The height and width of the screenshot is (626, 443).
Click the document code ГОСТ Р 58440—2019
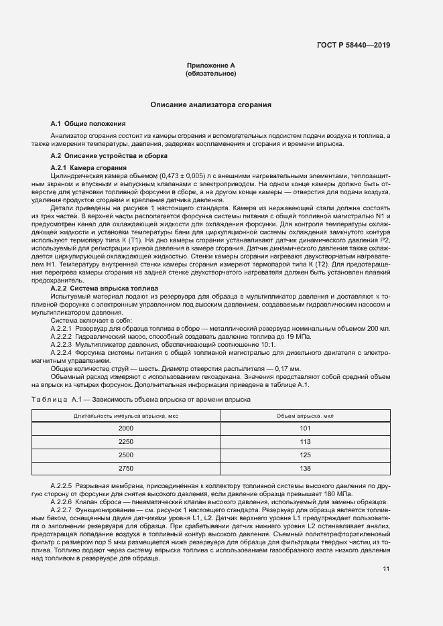click(x=354, y=46)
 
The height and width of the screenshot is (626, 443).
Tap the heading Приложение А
click(x=210, y=65)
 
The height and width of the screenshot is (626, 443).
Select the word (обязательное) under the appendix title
click(x=210, y=73)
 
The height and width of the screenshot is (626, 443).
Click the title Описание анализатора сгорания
click(x=210, y=105)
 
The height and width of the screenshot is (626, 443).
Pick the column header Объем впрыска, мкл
click(x=305, y=416)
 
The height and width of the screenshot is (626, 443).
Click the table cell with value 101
click(x=305, y=428)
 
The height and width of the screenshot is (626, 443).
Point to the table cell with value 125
click(x=305, y=455)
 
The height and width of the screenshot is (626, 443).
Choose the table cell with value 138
click(x=305, y=468)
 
